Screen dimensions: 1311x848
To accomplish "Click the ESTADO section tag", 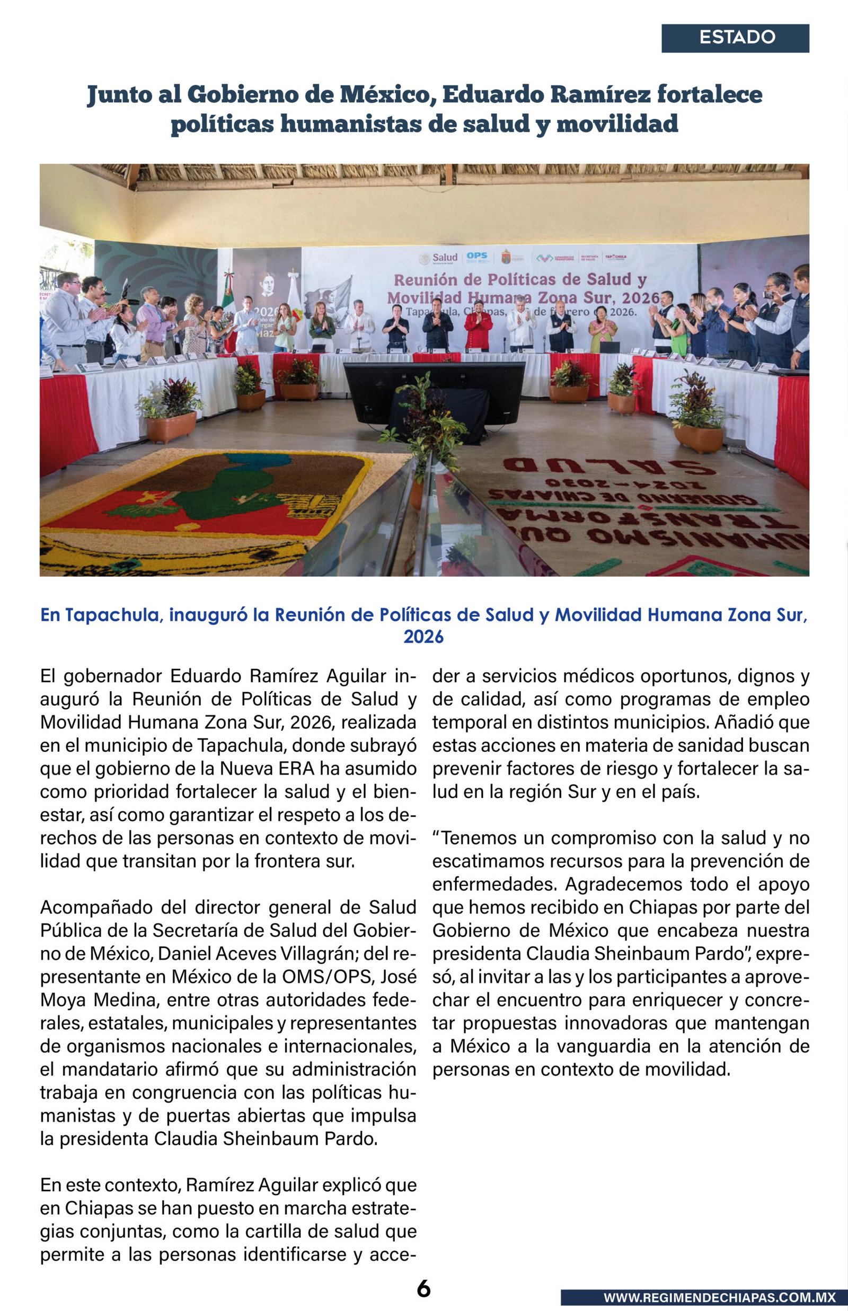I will pyautogui.click(x=737, y=38).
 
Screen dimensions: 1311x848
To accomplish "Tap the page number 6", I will pyautogui.click(x=423, y=1273).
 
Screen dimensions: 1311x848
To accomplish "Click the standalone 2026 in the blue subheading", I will pyautogui.click(x=423, y=637).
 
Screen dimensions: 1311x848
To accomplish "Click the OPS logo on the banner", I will pyautogui.click(x=477, y=257).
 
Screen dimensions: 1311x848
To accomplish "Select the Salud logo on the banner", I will pyautogui.click(x=439, y=258).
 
